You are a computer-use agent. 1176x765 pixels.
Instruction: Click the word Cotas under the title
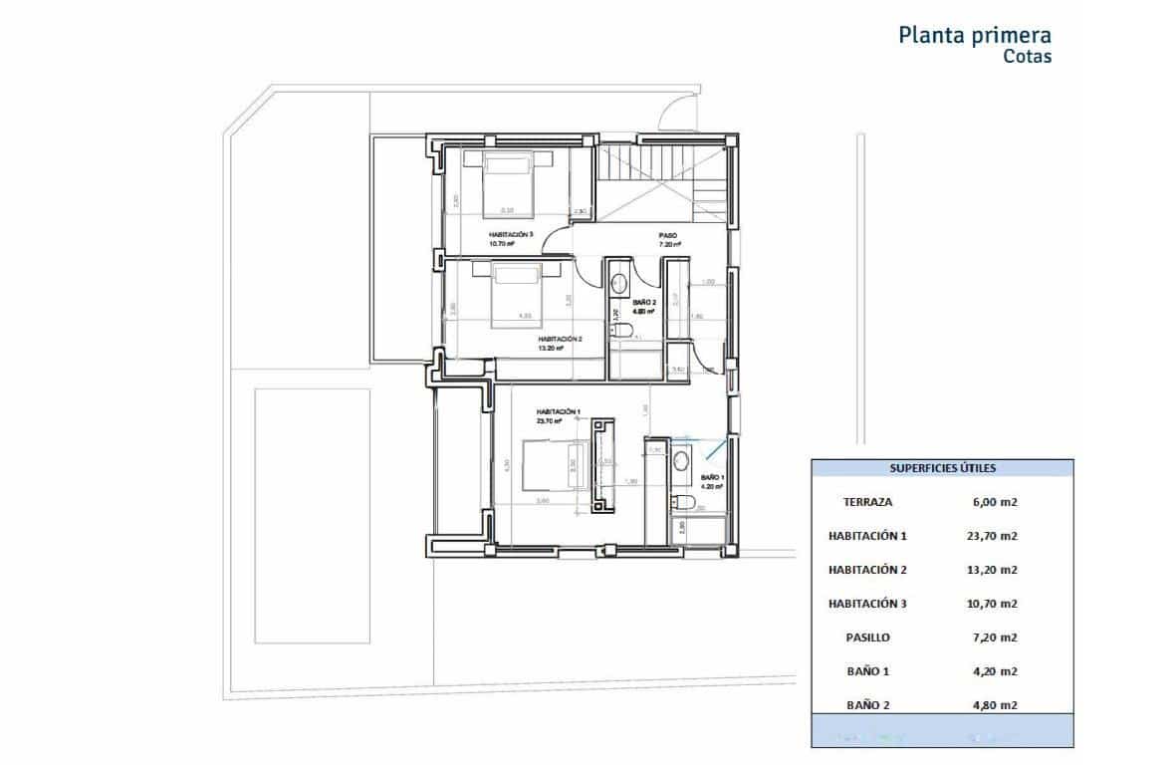(x=1027, y=57)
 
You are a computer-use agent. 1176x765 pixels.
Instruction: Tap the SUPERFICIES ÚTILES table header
(x=942, y=467)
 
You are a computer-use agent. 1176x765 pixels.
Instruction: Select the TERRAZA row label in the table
(x=867, y=502)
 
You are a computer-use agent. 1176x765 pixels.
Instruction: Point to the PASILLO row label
(x=867, y=637)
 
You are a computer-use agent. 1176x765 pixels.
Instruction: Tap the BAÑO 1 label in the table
(x=867, y=671)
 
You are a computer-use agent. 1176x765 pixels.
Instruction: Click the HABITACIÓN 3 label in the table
(x=867, y=604)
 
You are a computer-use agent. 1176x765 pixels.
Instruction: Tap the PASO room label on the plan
(x=668, y=237)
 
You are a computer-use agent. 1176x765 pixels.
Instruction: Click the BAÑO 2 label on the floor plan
(x=644, y=302)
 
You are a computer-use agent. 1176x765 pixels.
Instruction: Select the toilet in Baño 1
(x=682, y=499)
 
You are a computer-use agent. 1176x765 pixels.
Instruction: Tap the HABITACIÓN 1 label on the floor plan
(x=558, y=411)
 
